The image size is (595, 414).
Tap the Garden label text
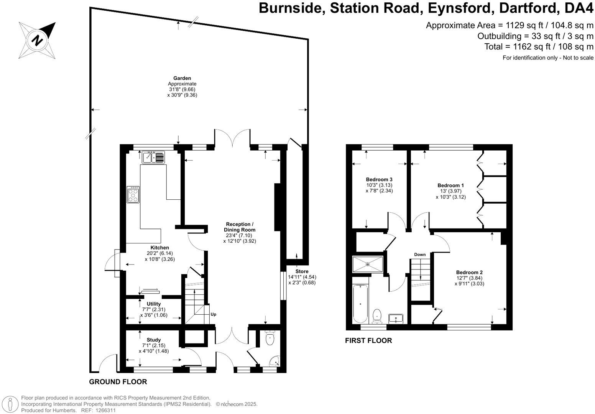(x=182, y=78)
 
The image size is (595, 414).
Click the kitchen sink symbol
(x=153, y=157)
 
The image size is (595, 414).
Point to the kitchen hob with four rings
(x=133, y=195)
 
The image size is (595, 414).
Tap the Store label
(x=302, y=271)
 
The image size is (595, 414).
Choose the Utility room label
(x=154, y=304)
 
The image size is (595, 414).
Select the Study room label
(x=154, y=340)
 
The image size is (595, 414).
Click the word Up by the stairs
(x=213, y=314)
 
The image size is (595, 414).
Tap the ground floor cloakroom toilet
(x=271, y=337)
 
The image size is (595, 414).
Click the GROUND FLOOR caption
(x=118, y=382)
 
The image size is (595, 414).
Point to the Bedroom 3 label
(x=379, y=179)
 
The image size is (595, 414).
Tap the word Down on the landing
(x=420, y=255)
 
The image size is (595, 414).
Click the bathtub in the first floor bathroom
(x=360, y=304)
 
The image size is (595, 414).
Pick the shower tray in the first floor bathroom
(x=368, y=264)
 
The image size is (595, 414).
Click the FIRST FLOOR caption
(x=368, y=340)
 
